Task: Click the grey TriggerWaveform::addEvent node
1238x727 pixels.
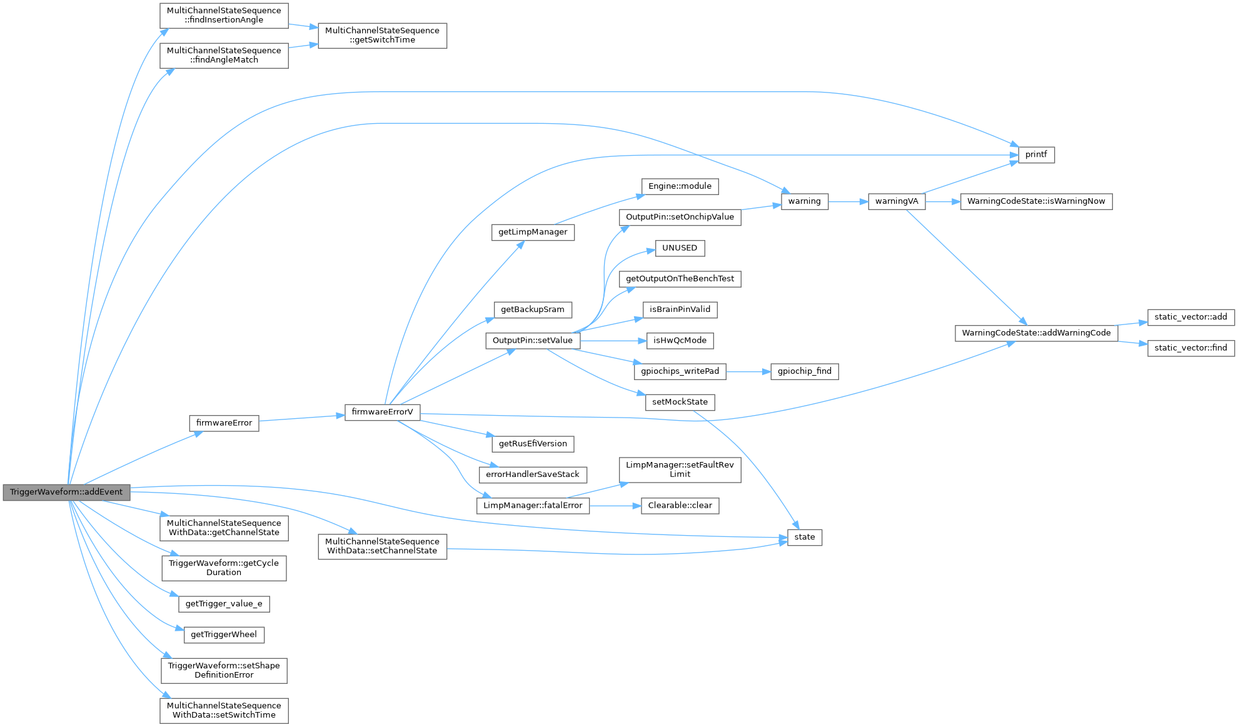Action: click(x=66, y=492)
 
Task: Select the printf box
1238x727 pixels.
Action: click(x=1036, y=154)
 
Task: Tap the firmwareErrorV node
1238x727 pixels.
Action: click(x=382, y=412)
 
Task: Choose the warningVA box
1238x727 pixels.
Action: click(x=896, y=201)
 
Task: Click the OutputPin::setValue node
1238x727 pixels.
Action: click(x=532, y=341)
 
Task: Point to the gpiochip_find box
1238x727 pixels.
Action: click(x=804, y=371)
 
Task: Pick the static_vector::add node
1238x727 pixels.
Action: click(x=1190, y=317)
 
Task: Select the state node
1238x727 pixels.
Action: click(x=804, y=537)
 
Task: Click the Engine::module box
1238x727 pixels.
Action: click(x=680, y=186)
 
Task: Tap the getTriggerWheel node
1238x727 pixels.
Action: click(x=224, y=634)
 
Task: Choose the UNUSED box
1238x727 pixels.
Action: click(x=680, y=248)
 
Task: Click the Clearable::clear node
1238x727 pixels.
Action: click(x=680, y=506)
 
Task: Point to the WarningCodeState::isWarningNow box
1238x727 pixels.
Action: click(x=1035, y=201)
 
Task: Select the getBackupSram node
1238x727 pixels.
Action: click(x=532, y=309)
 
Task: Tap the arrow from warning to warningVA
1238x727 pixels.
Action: click(x=848, y=201)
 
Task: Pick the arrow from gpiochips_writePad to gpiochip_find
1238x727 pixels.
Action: click(x=748, y=371)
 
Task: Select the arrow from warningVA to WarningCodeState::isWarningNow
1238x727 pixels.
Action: click(x=942, y=201)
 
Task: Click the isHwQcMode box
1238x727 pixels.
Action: click(x=680, y=341)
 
